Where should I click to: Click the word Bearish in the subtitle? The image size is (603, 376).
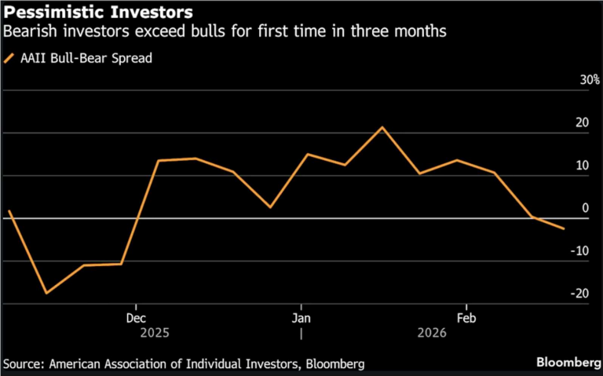pyautogui.click(x=28, y=32)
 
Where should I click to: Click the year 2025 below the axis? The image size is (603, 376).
pyautogui.click(x=154, y=333)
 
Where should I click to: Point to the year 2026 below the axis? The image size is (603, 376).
pyautogui.click(x=431, y=333)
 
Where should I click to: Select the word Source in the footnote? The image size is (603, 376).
pyautogui.click(x=24, y=363)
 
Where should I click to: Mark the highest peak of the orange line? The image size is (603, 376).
pyautogui.click(x=382, y=127)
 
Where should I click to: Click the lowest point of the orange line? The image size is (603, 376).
pyautogui.click(x=46, y=293)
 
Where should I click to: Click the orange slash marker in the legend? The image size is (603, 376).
pyautogui.click(x=9, y=58)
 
